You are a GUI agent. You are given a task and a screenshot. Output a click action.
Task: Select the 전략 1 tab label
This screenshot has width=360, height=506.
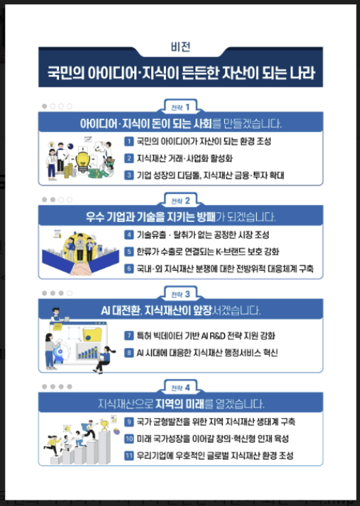[x=180, y=107]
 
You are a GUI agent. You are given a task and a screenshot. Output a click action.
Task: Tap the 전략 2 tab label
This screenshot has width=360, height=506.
[x=180, y=200]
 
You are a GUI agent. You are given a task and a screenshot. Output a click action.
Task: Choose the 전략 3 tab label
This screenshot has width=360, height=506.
[x=180, y=293]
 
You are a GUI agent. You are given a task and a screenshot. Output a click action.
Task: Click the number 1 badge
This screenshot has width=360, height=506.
[x=129, y=141]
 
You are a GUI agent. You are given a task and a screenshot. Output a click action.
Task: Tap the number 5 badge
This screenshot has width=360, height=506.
[x=129, y=251]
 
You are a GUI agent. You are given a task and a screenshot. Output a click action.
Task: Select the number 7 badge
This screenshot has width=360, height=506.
[x=129, y=335]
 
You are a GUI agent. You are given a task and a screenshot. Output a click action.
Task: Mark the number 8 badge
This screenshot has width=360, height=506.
[x=129, y=351]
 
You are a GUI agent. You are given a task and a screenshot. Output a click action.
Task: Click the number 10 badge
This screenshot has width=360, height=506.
[x=129, y=439]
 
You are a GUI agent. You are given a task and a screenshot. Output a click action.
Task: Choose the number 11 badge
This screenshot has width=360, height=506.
[x=129, y=455]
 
